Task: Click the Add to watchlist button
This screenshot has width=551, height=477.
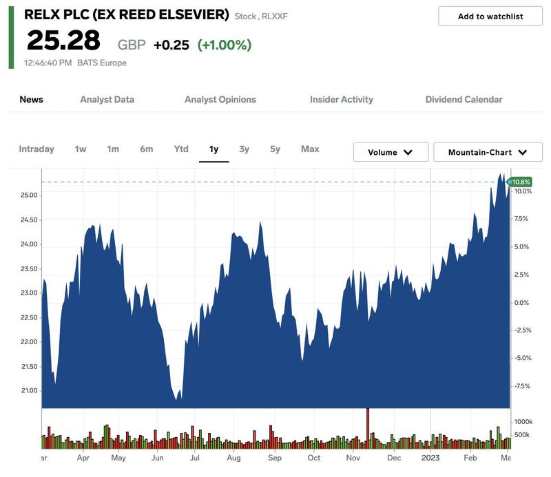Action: (x=490, y=17)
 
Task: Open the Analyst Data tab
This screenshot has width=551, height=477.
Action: (x=107, y=99)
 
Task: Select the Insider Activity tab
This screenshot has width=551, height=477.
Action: (x=341, y=99)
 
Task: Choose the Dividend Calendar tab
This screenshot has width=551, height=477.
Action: (x=464, y=99)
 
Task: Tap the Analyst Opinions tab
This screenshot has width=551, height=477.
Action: (x=220, y=99)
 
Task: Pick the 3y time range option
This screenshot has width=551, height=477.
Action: (x=244, y=149)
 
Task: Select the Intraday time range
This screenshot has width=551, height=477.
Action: (x=37, y=149)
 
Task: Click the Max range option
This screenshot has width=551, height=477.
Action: (x=310, y=149)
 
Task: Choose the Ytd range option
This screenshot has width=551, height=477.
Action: (x=181, y=149)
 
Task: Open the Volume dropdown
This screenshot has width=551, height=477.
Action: (x=391, y=152)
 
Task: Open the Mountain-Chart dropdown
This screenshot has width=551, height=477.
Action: (x=488, y=152)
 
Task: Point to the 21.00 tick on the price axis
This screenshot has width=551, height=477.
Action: (x=30, y=391)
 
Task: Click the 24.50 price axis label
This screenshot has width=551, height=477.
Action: (x=30, y=220)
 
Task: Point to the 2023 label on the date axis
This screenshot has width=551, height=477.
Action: (x=431, y=457)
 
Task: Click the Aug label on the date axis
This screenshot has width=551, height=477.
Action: (x=233, y=457)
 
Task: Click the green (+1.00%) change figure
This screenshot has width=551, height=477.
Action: (x=224, y=45)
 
